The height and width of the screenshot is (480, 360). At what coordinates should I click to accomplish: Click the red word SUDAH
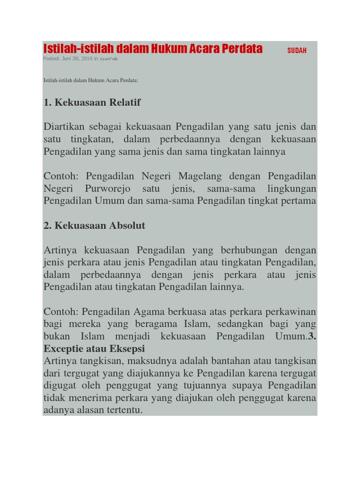click(297, 51)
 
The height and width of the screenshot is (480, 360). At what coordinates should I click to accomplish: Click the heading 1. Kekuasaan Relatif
click(92, 103)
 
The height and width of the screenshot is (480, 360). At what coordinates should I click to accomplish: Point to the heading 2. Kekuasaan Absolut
click(94, 225)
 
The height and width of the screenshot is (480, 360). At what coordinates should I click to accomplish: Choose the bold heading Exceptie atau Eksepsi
click(94, 349)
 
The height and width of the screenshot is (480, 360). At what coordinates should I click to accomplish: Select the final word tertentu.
click(124, 410)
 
